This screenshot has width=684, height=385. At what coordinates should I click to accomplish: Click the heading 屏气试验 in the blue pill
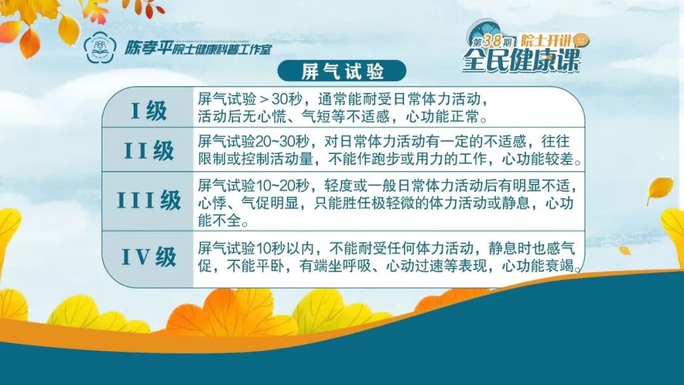[343, 72]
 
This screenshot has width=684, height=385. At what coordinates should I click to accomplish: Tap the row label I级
[148, 111]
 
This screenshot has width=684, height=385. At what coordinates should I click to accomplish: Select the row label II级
[148, 151]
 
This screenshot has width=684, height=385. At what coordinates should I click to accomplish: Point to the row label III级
[148, 201]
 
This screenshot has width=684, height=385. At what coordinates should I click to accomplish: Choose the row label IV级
[148, 256]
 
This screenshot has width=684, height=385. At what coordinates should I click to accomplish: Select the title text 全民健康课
[521, 60]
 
